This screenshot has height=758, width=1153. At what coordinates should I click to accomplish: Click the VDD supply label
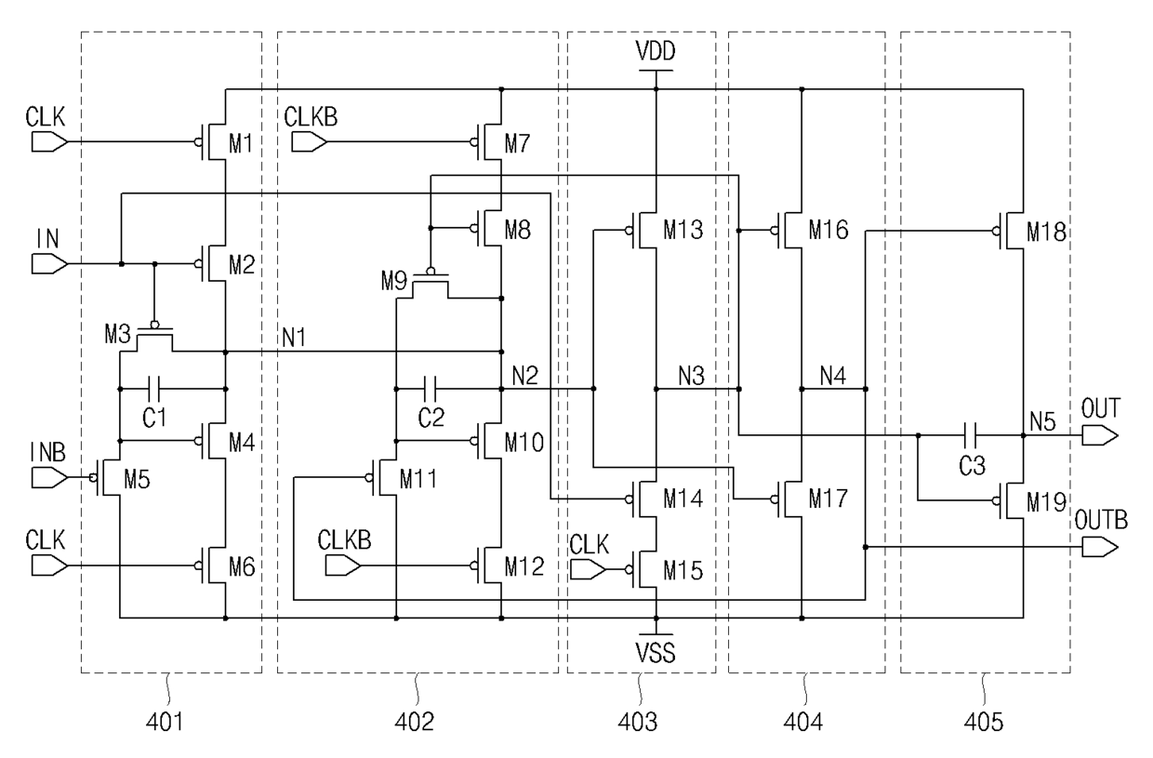click(656, 51)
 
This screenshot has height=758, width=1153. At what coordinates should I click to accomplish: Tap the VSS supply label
click(656, 652)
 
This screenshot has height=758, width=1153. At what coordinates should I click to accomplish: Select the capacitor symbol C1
click(154, 389)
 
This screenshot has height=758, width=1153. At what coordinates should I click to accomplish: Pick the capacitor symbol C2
click(431, 389)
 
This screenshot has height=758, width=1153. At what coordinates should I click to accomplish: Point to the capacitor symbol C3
click(971, 435)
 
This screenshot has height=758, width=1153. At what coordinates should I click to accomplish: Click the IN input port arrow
click(49, 264)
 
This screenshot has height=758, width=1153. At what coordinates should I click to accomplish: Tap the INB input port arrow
click(49, 478)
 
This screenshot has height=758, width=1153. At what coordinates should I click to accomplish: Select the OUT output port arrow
click(1100, 435)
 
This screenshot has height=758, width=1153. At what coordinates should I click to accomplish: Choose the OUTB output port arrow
click(1100, 547)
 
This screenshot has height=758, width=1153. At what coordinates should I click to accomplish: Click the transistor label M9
click(393, 281)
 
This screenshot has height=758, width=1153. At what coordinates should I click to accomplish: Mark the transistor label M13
click(683, 230)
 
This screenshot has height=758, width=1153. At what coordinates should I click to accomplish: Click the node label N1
click(294, 338)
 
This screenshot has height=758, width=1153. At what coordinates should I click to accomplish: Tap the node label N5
click(1043, 421)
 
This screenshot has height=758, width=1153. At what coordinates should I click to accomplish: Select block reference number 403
click(638, 722)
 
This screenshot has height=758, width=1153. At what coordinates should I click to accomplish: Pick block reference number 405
click(984, 722)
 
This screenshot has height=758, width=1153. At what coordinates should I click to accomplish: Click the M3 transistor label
click(117, 334)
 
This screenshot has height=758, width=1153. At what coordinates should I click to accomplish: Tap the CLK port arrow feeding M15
click(588, 570)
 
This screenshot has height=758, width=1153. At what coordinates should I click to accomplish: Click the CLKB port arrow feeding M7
click(310, 141)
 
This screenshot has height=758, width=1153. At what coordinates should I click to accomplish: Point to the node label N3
click(691, 377)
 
